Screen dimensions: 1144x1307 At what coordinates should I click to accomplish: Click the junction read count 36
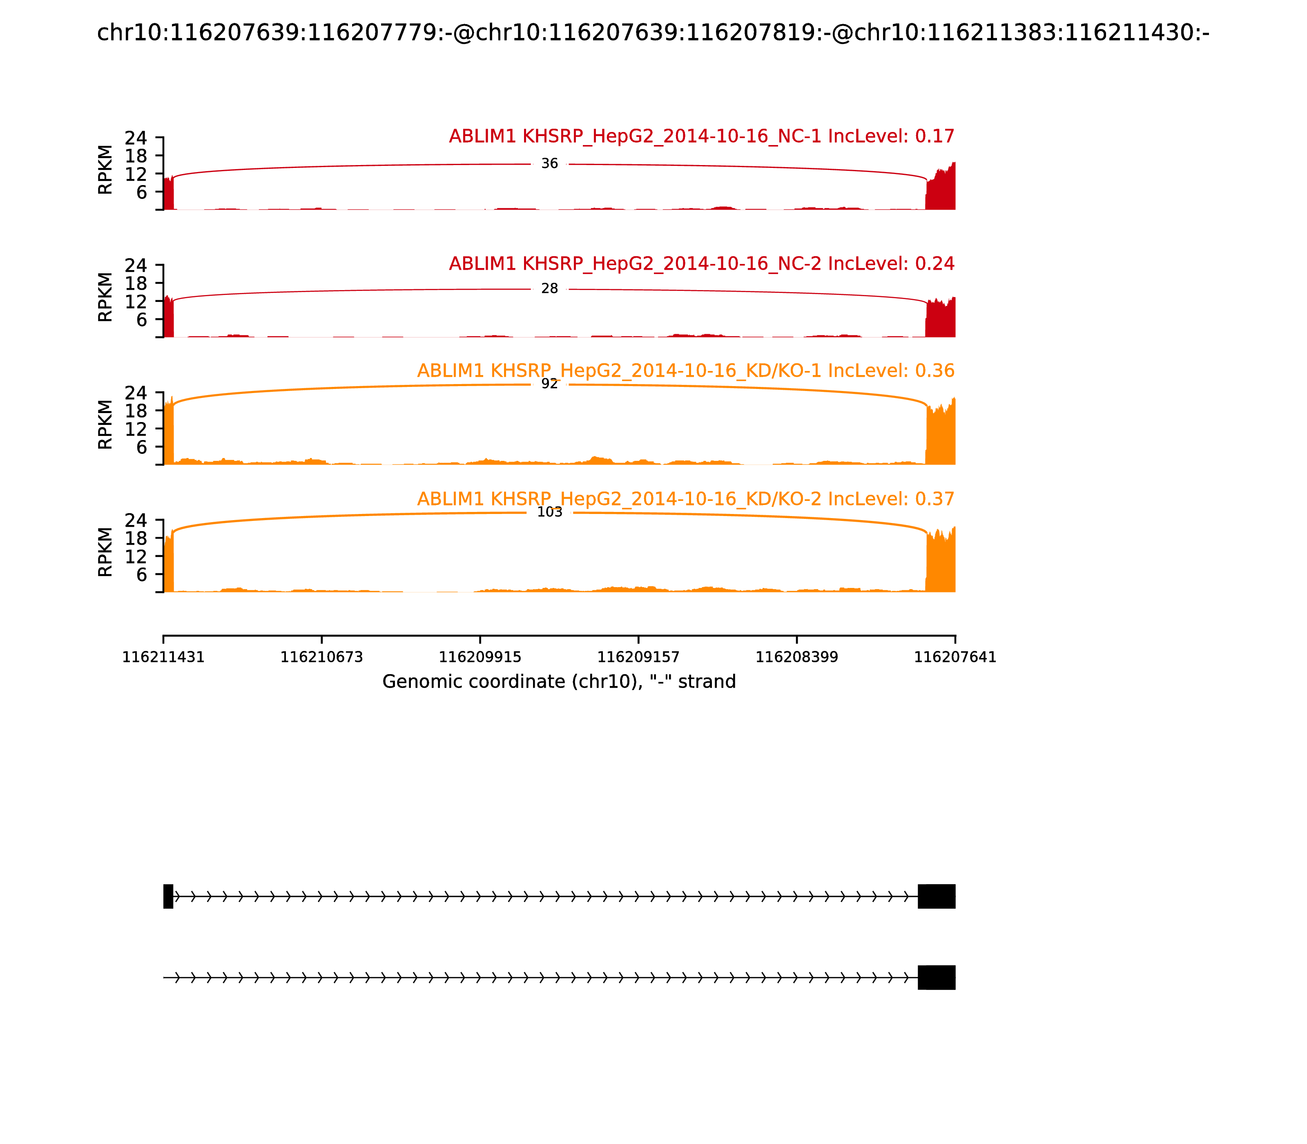point(549,164)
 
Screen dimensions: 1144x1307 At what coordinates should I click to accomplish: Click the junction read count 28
point(549,289)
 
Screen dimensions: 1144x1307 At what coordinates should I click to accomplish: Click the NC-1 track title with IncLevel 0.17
point(701,136)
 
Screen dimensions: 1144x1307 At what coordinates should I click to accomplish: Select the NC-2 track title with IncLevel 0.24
point(701,264)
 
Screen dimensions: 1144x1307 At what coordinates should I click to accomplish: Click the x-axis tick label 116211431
point(163,657)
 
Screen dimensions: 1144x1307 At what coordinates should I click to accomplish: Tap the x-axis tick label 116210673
point(322,657)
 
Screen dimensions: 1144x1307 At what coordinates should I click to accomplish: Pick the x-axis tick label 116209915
point(480,657)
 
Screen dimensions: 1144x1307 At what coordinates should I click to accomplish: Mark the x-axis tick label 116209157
point(638,657)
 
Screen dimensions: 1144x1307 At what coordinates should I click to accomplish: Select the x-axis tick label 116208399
point(796,657)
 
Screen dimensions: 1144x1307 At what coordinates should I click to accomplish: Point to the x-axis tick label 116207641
point(955,657)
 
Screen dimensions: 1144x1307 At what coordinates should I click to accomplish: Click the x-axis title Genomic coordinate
point(559,682)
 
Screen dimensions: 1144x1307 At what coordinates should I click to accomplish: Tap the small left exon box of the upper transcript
point(168,896)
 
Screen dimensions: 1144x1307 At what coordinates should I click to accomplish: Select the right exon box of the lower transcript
point(936,977)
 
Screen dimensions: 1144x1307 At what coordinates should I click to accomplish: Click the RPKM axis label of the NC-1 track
point(105,170)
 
